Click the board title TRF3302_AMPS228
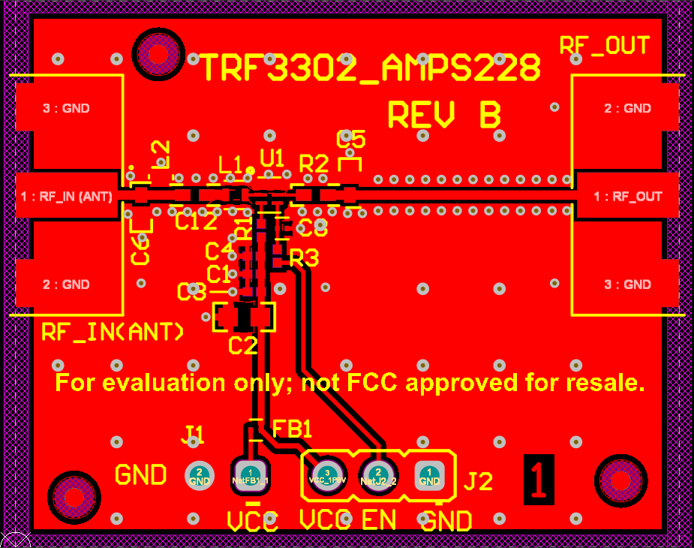point(370,69)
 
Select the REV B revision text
point(444,116)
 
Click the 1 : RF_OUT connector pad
point(627,197)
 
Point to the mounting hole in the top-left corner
point(158,53)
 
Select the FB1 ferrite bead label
point(292,429)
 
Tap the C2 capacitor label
point(242,345)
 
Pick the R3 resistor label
point(304,259)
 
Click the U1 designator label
point(272,158)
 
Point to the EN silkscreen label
point(379,519)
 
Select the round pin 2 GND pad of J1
point(200,474)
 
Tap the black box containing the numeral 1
point(539,477)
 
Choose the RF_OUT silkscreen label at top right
point(604,46)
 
